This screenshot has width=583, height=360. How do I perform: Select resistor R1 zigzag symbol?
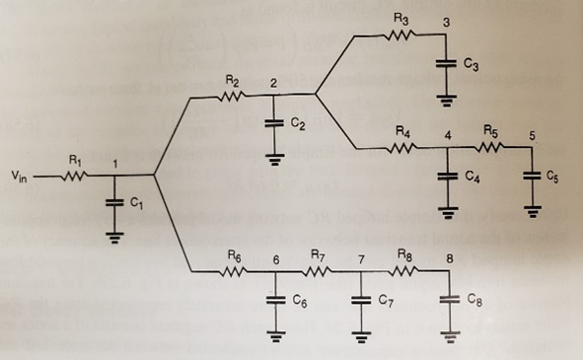coord(76,177)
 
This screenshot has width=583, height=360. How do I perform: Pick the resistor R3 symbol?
coord(400,36)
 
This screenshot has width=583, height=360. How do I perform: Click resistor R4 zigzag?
coord(402,148)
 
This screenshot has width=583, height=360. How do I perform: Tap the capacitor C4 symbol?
coord(447,177)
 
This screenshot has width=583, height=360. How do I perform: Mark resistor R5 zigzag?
coord(489,148)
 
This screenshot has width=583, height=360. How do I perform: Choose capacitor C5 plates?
coord(532,177)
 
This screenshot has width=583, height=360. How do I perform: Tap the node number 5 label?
coord(533,134)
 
